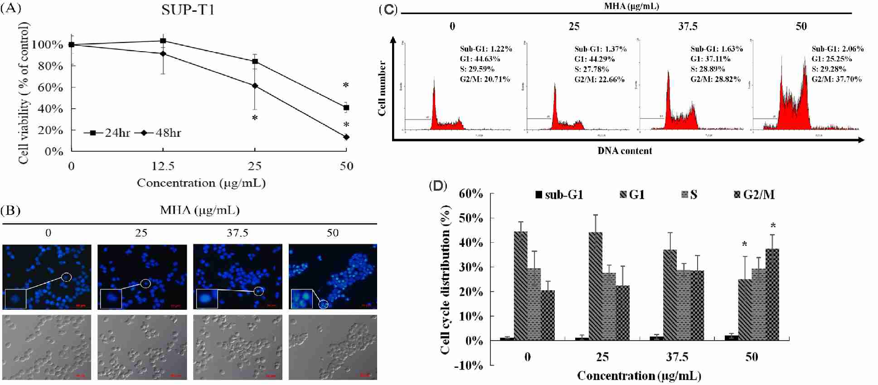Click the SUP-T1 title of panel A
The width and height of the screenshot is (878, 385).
click(x=188, y=10)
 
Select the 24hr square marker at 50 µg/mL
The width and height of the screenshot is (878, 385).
click(x=346, y=108)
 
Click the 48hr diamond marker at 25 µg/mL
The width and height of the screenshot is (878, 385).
click(x=255, y=86)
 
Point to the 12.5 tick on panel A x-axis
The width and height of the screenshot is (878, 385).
click(x=163, y=166)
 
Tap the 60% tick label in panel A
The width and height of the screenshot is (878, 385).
click(x=50, y=87)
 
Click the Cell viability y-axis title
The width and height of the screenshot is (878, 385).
click(x=24, y=93)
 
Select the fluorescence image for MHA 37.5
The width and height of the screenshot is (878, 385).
click(x=238, y=277)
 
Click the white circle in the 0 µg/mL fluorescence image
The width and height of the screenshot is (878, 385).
click(x=66, y=277)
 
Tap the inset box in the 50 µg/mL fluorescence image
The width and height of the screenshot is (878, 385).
click(x=301, y=298)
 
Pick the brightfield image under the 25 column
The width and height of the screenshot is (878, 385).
click(x=142, y=347)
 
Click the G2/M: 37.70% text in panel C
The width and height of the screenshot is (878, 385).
click(x=836, y=79)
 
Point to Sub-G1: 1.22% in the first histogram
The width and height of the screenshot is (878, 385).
click(x=485, y=49)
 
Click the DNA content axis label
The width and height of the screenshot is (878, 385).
click(x=624, y=151)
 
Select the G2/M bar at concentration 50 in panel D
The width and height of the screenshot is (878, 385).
click(x=772, y=294)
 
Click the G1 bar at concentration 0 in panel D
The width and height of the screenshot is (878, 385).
click(x=521, y=286)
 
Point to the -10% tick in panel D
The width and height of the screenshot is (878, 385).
click(x=469, y=365)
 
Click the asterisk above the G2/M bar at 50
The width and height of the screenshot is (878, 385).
click(x=773, y=226)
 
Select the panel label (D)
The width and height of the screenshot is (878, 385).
click(x=438, y=186)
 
